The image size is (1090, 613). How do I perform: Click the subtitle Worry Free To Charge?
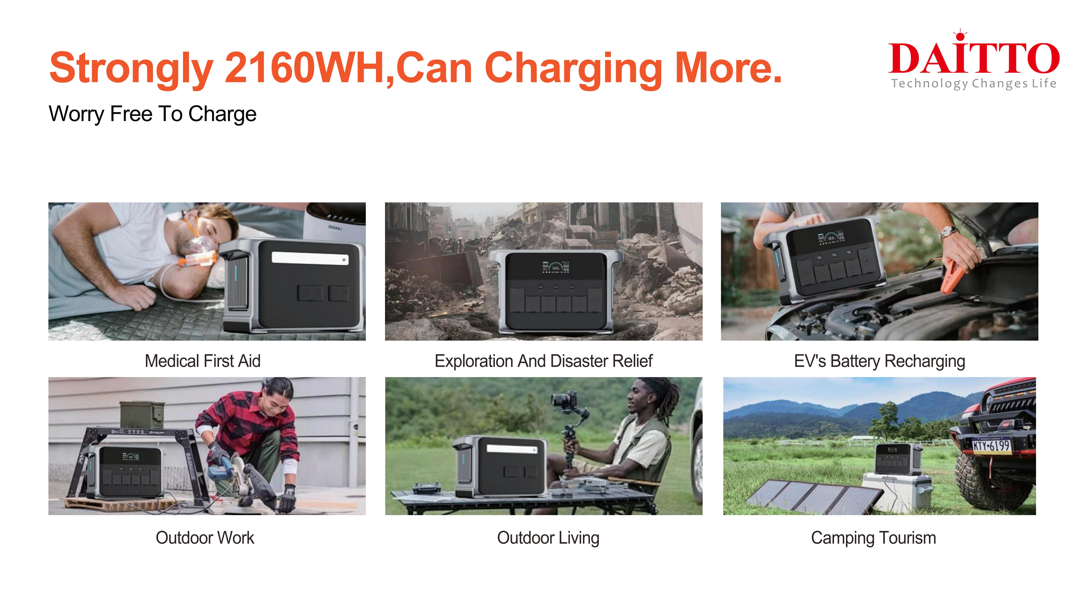(x=152, y=114)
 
